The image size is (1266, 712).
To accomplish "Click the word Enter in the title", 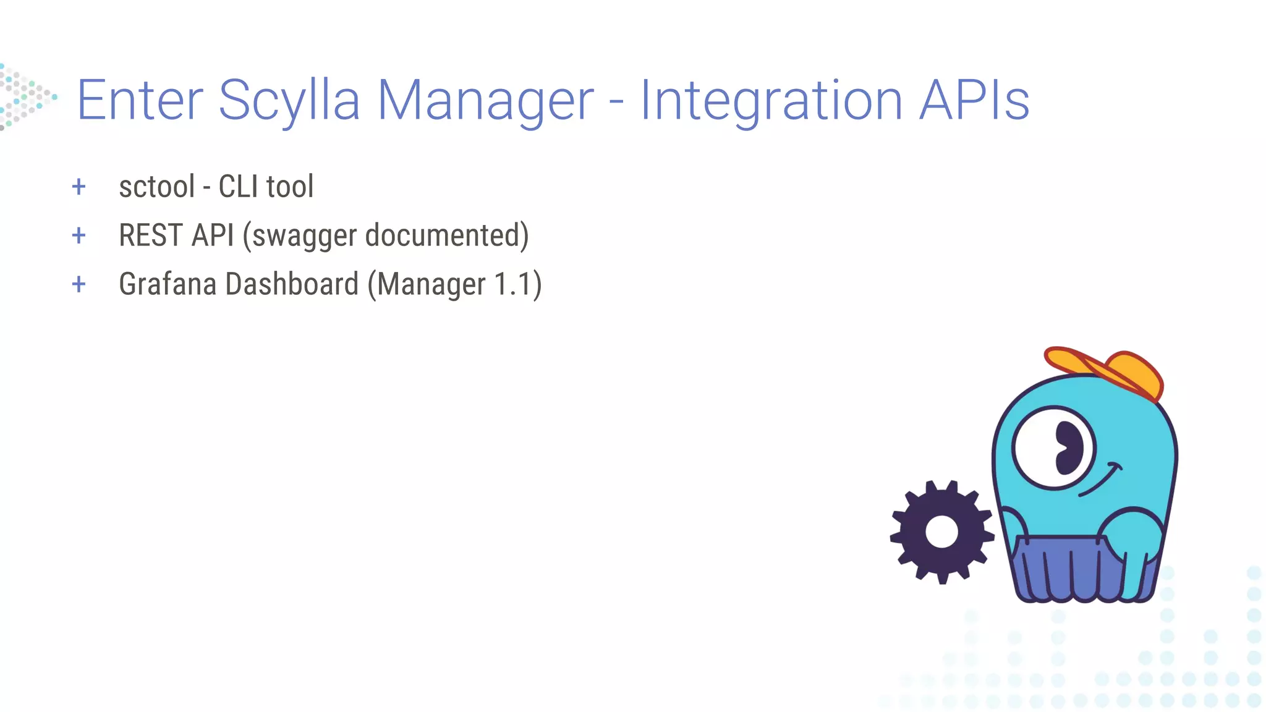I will pos(140,100).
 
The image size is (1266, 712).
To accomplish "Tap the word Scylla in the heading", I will pos(289,100).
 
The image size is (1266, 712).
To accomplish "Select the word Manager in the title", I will pos(485,100).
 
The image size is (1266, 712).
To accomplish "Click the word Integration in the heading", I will pos(771,100).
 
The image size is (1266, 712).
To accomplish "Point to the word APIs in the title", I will pos(974,100).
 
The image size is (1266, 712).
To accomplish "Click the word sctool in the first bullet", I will pos(157,187).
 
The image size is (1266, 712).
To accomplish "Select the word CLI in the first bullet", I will pos(238,187).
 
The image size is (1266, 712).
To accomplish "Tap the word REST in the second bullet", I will pos(151,235).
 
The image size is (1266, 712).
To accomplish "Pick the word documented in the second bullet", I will pos(443,235).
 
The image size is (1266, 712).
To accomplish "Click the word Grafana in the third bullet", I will pos(168,284).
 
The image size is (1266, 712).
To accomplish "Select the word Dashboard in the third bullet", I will pos(292,284).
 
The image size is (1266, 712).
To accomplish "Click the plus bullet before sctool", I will pos(79,187).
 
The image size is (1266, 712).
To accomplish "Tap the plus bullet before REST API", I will pos(79,235).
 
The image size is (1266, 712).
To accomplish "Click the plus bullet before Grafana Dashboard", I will pos(79,284).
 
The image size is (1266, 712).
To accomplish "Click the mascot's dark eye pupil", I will pos(1068,448).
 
